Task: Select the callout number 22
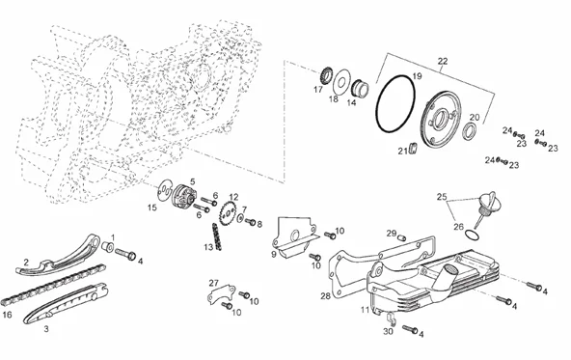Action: point(442,61)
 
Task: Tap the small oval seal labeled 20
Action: point(469,131)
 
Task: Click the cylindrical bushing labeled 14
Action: point(360,88)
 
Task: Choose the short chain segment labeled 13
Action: point(216,236)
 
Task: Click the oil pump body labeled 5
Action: point(184,196)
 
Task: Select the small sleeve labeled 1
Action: point(107,246)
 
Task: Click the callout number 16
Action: point(7,314)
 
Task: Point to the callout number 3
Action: point(46,329)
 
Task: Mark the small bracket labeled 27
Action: point(220,294)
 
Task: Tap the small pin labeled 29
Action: point(401,237)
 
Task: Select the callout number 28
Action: point(325,296)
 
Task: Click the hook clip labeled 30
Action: point(391,318)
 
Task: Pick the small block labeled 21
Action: point(414,149)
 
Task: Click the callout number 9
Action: point(274,255)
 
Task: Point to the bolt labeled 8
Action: point(251,221)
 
